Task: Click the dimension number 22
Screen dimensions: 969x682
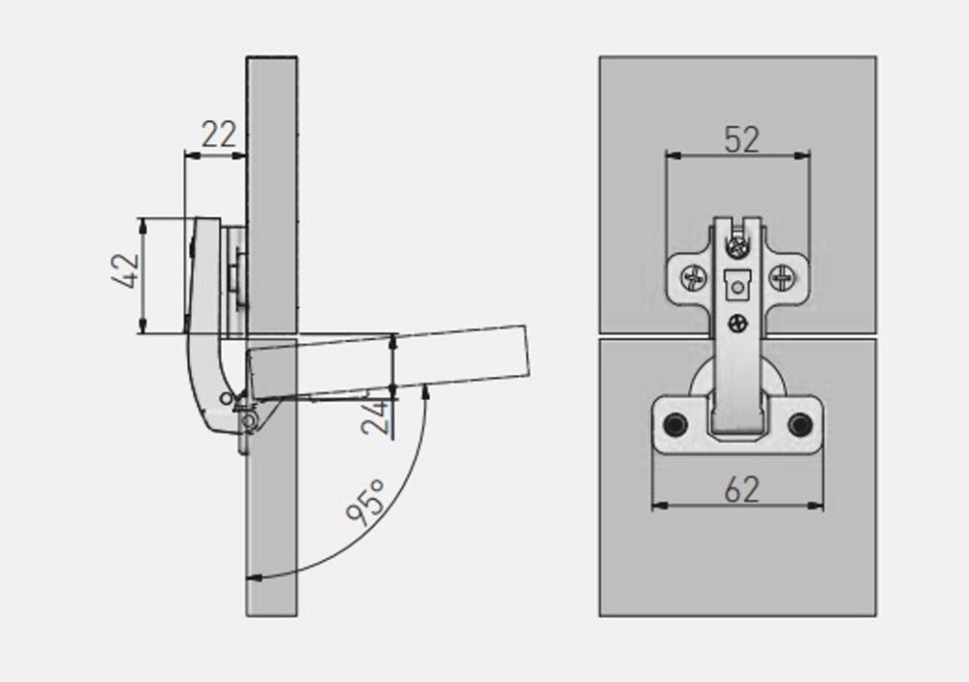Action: tap(219, 134)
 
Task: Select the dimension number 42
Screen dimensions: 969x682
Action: tap(126, 270)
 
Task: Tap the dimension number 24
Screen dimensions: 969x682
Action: tap(376, 418)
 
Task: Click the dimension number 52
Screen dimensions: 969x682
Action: tap(741, 139)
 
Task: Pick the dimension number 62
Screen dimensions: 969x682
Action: tap(741, 490)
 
